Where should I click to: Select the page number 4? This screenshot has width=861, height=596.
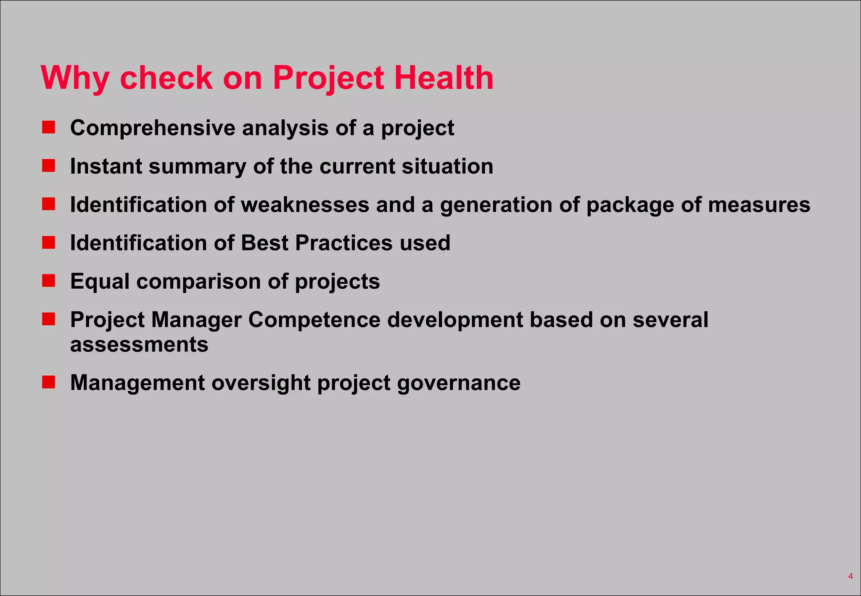850,576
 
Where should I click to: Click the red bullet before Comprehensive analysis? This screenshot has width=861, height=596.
49,127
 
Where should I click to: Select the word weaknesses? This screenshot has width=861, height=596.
305,205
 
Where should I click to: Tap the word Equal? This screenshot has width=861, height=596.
100,282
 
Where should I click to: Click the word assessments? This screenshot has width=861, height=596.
139,345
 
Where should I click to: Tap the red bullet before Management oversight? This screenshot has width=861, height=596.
49,382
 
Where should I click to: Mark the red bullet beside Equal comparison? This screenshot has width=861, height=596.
49,281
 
